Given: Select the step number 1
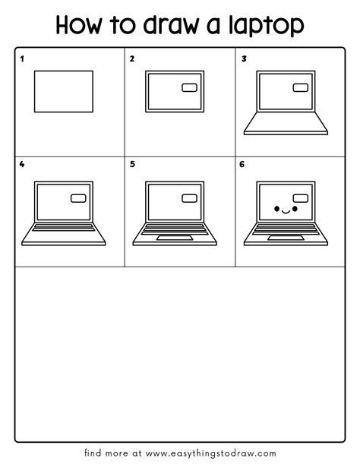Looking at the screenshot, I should (22, 58).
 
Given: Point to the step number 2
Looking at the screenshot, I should (132, 58).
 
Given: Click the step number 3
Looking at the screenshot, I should (244, 58).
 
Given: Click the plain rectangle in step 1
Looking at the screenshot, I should (64, 92).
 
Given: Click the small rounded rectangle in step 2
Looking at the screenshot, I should (189, 89).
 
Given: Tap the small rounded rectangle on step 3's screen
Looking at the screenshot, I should (301, 89).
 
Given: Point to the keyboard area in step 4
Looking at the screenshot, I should (64, 229).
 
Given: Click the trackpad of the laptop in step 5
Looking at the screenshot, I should (175, 238).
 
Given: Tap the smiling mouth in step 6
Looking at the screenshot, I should (284, 212).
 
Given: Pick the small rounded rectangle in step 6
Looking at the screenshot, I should (301, 198).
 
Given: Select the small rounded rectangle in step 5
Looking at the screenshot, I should (189, 198).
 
